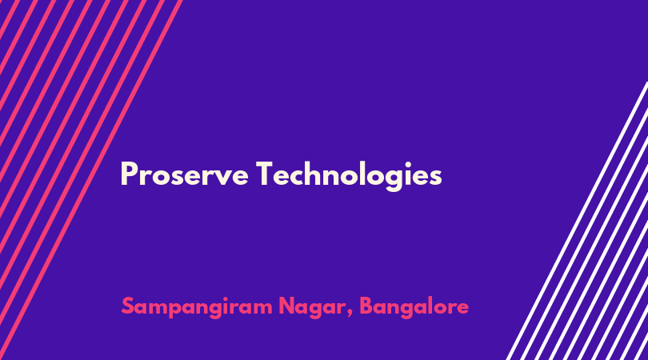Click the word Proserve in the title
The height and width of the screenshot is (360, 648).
click(x=184, y=174)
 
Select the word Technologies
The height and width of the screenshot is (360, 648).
click(x=349, y=176)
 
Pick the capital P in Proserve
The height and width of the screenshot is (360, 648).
click(x=129, y=174)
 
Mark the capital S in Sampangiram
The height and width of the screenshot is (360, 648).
click(x=129, y=306)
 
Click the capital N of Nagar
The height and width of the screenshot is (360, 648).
click(x=287, y=306)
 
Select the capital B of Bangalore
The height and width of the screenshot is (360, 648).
click(x=366, y=306)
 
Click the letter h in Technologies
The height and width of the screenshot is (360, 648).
click(x=316, y=174)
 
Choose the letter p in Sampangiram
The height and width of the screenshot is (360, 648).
click(x=179, y=311)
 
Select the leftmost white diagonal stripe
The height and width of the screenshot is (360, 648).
click(x=578, y=221)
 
